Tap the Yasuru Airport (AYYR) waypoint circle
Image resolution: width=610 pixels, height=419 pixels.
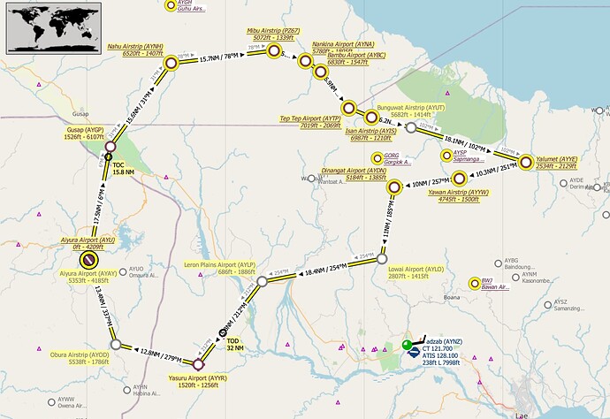point(198,363)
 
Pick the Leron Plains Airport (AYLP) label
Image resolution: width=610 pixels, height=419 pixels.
point(219,268)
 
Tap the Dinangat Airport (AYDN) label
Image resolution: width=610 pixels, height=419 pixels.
point(354,173)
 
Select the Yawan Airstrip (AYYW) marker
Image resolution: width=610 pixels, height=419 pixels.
point(459,178)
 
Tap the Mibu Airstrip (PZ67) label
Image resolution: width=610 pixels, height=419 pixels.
point(271,34)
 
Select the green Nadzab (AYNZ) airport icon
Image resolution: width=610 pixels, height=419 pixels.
point(407,345)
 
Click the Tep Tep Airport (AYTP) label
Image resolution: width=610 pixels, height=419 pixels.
point(309,122)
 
